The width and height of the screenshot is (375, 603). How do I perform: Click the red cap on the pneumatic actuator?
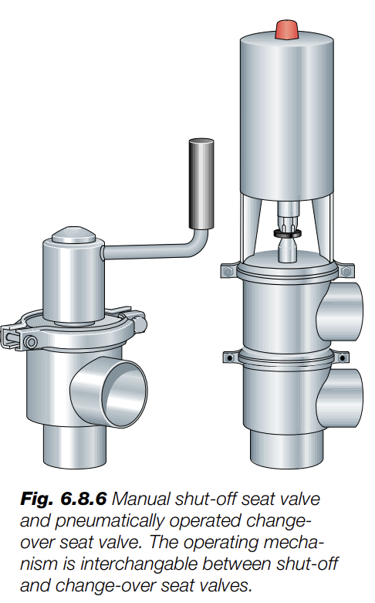[287, 30]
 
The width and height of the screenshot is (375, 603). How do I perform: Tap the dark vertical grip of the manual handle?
[201, 184]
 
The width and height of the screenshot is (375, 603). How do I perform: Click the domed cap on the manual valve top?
[73, 234]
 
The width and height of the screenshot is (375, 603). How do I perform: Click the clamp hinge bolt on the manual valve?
[31, 341]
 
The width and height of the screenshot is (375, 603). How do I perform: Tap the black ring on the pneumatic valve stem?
[287, 233]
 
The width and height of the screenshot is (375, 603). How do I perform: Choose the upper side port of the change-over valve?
[341, 311]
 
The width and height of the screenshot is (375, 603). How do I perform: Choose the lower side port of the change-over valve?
[341, 398]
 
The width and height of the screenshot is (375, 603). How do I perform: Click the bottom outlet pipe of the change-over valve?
[286, 449]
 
